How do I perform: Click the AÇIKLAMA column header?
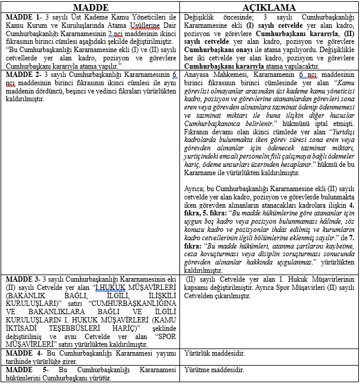pos(269,8)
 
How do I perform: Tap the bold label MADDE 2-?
pos(21,75)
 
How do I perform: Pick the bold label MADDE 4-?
pos(21,353)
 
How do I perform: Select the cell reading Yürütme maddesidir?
pos(214,369)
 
